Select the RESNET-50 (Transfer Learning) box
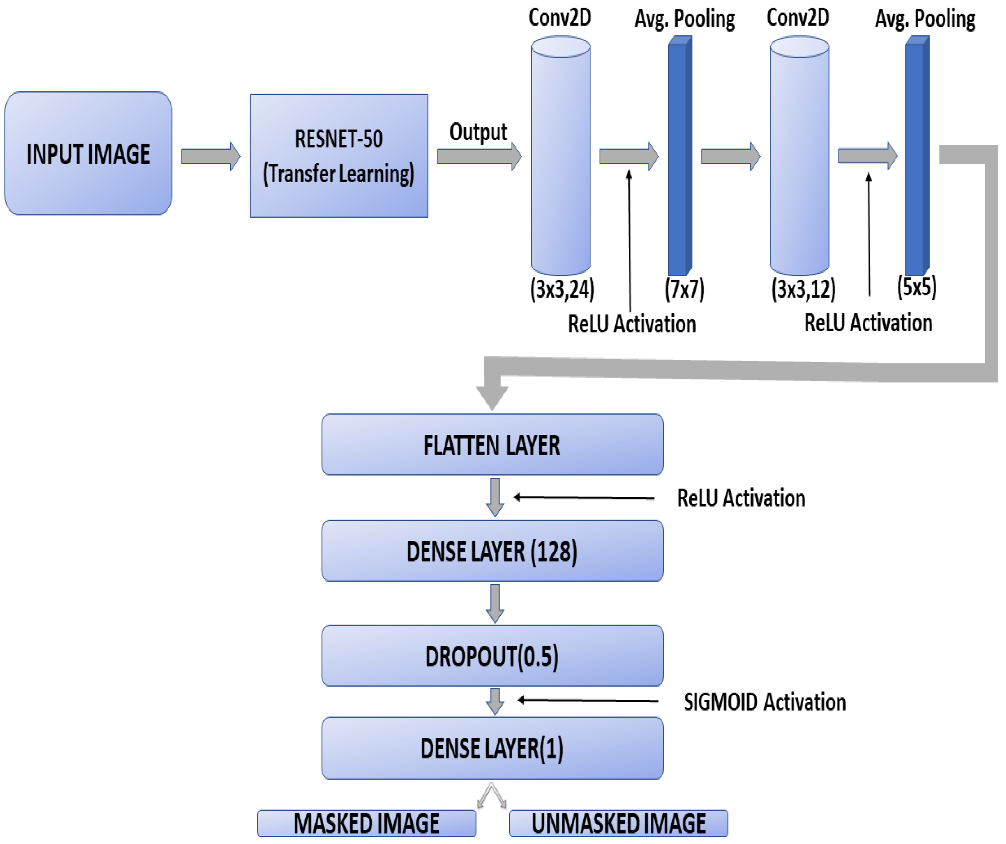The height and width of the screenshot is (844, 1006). [x=339, y=156]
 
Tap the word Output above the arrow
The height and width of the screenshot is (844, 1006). [x=478, y=132]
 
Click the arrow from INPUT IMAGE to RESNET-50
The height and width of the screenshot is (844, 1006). [x=210, y=156]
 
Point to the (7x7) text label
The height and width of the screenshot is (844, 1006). [x=684, y=289]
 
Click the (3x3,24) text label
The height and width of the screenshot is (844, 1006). [x=562, y=289]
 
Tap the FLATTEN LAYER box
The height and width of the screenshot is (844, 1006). [x=492, y=445]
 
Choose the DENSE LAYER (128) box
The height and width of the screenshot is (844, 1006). [x=492, y=551]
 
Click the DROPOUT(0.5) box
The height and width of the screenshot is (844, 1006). [x=492, y=656]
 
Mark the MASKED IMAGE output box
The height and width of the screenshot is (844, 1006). [x=367, y=823]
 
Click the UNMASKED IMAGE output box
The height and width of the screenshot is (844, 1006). [x=618, y=823]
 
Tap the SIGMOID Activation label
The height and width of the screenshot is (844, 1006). [x=765, y=702]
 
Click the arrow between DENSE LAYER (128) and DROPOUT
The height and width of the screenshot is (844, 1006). [x=495, y=603]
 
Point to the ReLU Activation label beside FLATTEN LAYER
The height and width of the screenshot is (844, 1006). [x=741, y=498]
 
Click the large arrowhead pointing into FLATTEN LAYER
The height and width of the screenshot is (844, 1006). [x=492, y=395]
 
